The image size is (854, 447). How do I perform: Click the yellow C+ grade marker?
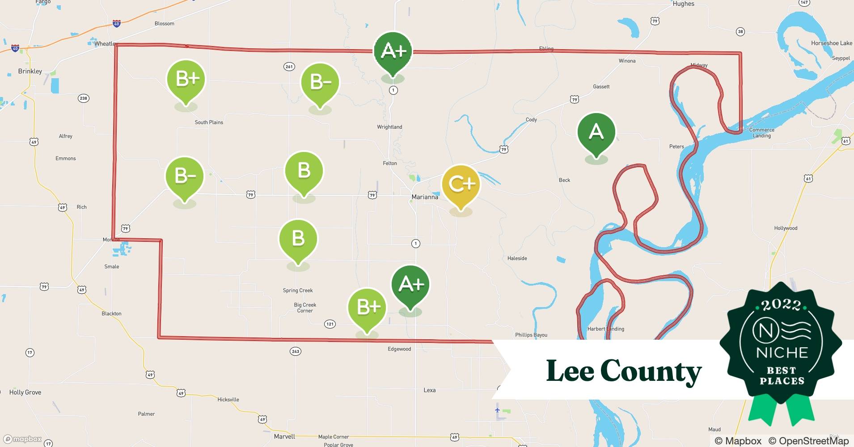pyautogui.click(x=461, y=184)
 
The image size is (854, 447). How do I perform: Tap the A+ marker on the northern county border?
pyautogui.click(x=393, y=51)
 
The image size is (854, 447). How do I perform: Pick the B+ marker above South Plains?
pyautogui.click(x=186, y=79)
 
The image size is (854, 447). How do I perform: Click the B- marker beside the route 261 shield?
pyautogui.click(x=320, y=82)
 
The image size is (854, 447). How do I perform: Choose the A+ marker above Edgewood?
pyautogui.click(x=410, y=284)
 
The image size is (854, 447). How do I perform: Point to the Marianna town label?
pyautogui.click(x=425, y=197)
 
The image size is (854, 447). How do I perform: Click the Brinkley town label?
pyautogui.click(x=30, y=71)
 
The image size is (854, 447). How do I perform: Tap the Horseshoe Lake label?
pyautogui.click(x=831, y=43)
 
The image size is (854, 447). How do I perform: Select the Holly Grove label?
pyautogui.click(x=25, y=392)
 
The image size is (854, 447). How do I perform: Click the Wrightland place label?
pyautogui.click(x=389, y=127)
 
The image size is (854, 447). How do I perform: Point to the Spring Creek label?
pyautogui.click(x=298, y=291)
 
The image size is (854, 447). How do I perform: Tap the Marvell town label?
pyautogui.click(x=284, y=436)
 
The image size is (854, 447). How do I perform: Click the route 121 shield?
pyautogui.click(x=330, y=324)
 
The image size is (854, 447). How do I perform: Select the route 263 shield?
pyautogui.click(x=296, y=351)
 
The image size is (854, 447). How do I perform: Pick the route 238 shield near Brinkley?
pyautogui.click(x=83, y=98)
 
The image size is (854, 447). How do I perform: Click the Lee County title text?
pyautogui.click(x=624, y=371)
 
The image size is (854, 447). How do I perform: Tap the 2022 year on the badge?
pyautogui.click(x=781, y=305)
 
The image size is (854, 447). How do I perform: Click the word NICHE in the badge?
pyautogui.click(x=782, y=353)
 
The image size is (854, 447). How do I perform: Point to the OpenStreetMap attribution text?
pyautogui.click(x=808, y=441)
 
